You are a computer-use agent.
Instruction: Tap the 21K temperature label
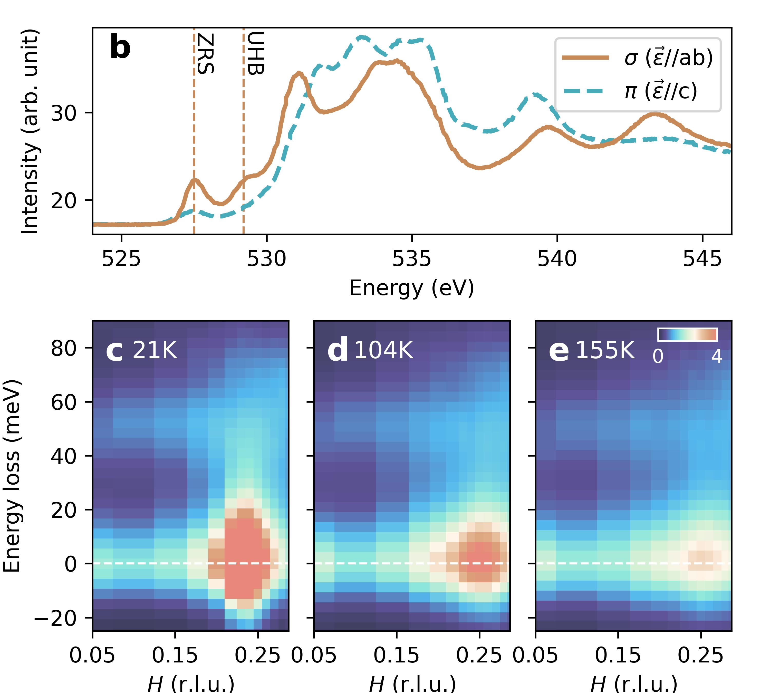(154, 350)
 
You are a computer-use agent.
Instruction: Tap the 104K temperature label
(383, 350)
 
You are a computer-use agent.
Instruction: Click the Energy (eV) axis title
(412, 288)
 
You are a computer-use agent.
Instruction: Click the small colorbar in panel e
(687, 335)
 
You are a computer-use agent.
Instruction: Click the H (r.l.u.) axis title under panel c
(191, 684)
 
